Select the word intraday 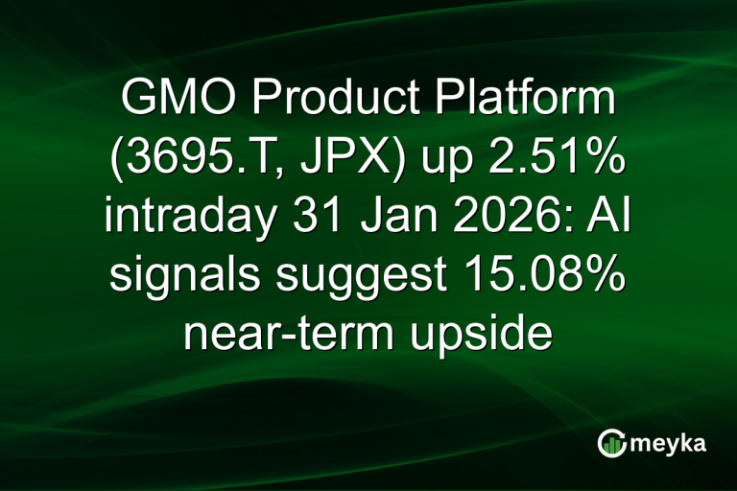pos(185,219)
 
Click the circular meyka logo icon pos(611,441)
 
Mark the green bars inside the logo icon pos(611,443)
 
